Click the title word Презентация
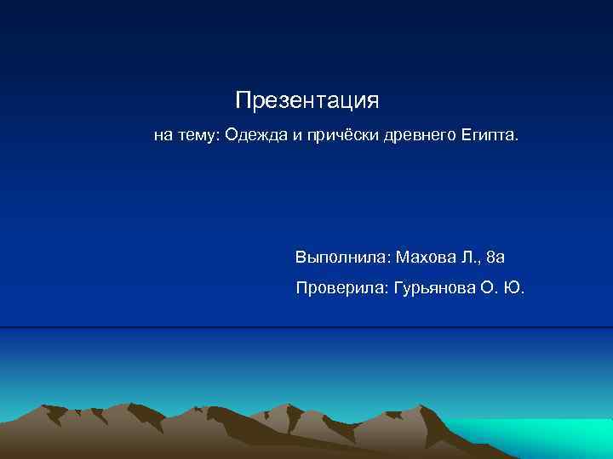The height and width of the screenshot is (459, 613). point(307,102)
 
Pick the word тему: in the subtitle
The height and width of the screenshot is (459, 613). point(198,136)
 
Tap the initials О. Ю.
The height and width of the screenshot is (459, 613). point(503,289)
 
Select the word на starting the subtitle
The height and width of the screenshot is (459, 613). point(163,136)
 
